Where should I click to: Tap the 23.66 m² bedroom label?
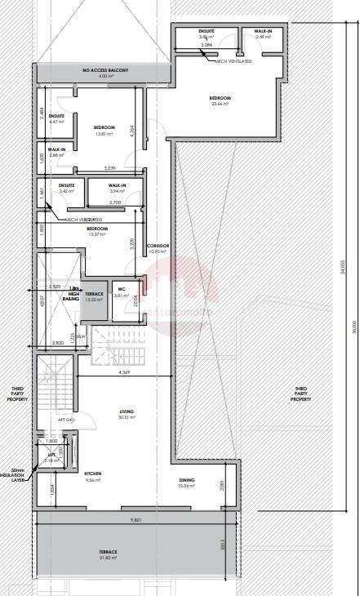pos(221,100)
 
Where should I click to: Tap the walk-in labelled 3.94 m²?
pos(117,188)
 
